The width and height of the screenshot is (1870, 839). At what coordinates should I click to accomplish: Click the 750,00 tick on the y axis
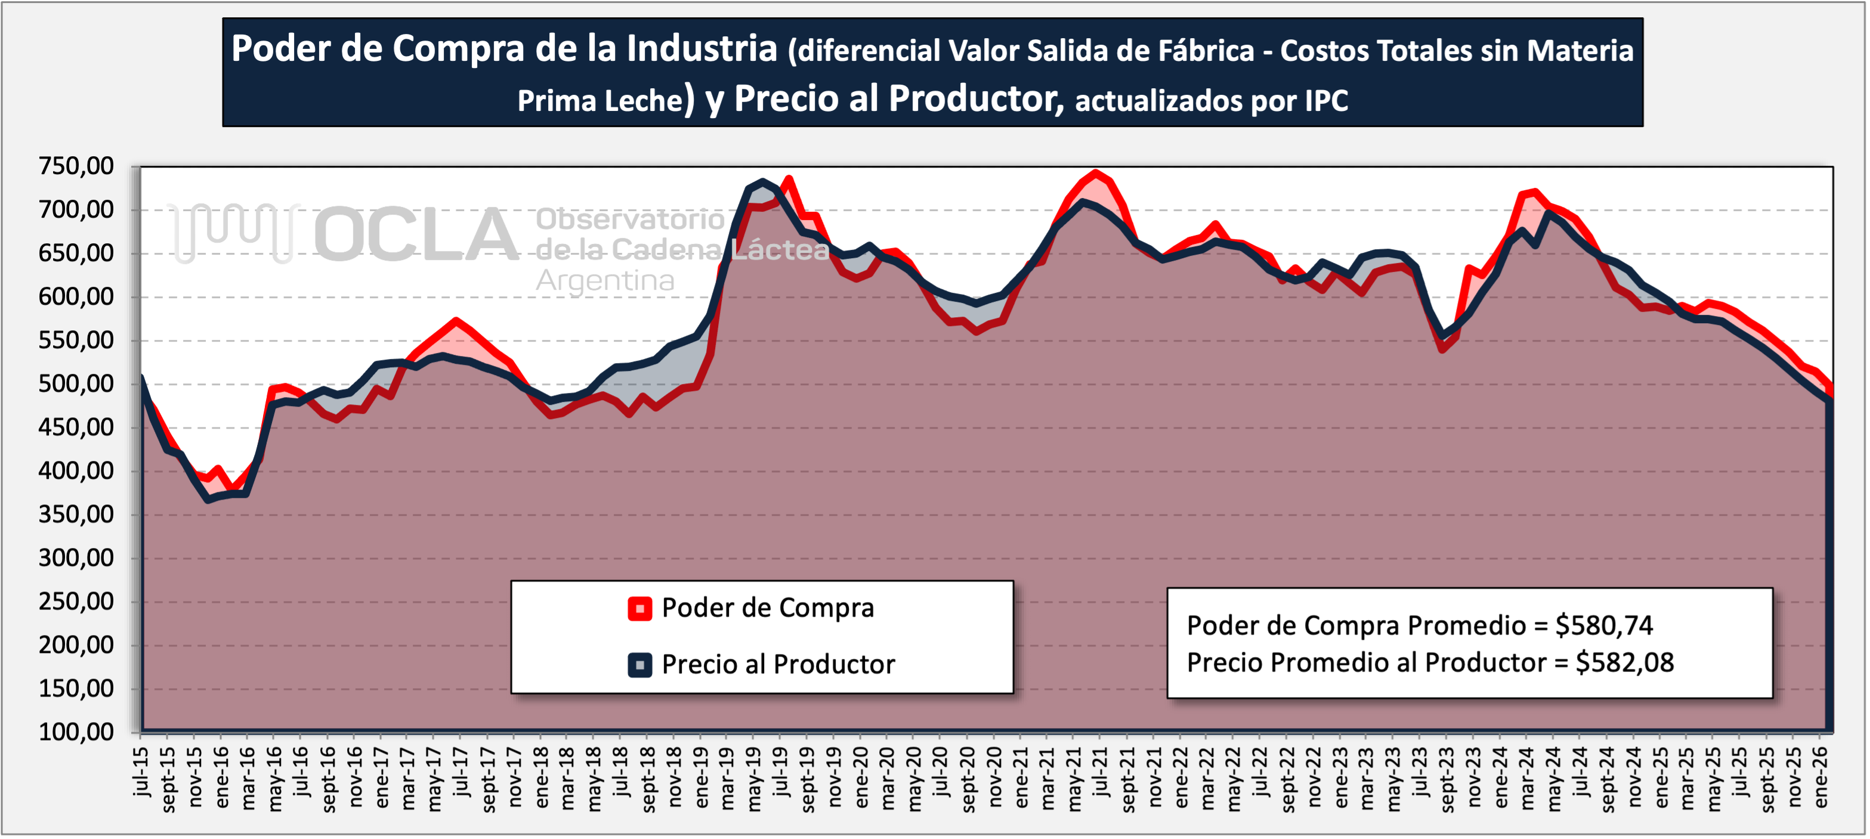(76, 166)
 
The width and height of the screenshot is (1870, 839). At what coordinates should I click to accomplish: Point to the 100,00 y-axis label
(76, 732)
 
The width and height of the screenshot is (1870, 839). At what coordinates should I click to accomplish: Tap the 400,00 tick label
(76, 471)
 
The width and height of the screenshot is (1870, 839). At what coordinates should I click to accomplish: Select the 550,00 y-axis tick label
(76, 340)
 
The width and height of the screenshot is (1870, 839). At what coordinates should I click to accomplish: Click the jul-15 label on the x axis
(141, 772)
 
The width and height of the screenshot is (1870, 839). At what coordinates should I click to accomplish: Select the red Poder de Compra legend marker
(639, 608)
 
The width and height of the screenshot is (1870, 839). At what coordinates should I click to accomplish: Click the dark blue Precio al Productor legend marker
(639, 665)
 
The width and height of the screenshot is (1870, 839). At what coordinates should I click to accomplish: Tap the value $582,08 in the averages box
(1625, 662)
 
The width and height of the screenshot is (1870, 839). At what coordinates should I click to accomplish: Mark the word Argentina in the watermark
(605, 281)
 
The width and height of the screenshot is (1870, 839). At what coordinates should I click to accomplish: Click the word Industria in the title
(702, 49)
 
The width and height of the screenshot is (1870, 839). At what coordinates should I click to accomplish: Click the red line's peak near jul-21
(1096, 173)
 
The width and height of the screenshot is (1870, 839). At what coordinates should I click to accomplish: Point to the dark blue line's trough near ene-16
(208, 499)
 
